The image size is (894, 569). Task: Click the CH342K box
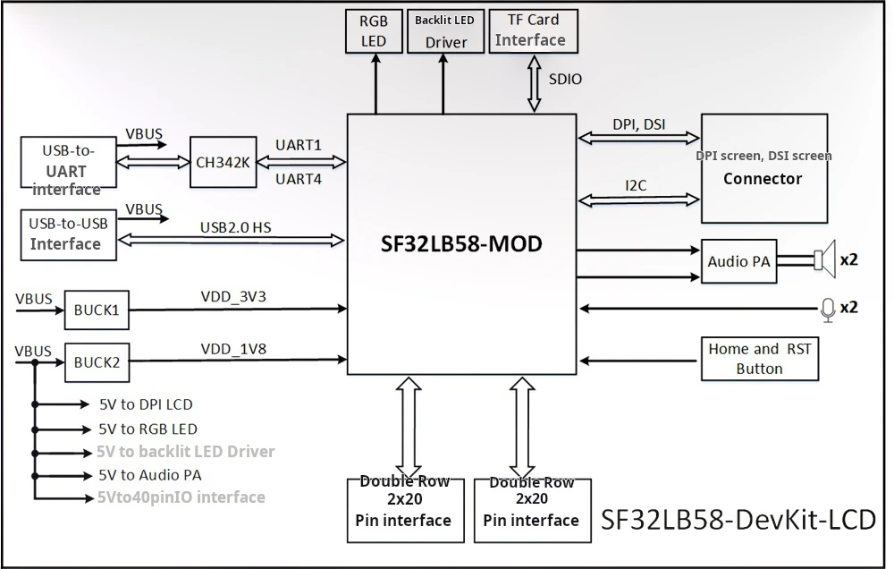click(x=223, y=162)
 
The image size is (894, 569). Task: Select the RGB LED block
click(x=374, y=30)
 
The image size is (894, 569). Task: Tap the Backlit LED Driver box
click(x=445, y=30)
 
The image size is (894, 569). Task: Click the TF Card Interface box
click(x=533, y=30)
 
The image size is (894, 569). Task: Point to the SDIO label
click(x=565, y=80)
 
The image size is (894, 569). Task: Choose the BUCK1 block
click(x=97, y=310)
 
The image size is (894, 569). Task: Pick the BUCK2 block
click(x=97, y=362)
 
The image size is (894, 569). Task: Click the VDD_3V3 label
click(x=233, y=297)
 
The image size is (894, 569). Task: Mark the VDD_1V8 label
click(x=233, y=349)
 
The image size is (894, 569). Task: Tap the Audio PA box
click(x=739, y=261)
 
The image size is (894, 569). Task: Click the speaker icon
click(x=825, y=259)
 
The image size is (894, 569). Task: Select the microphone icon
click(x=828, y=310)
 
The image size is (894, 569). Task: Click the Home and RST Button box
click(x=759, y=359)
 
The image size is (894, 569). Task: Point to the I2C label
click(x=636, y=185)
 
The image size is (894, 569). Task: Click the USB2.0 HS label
click(x=235, y=228)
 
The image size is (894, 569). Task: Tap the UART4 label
click(x=299, y=179)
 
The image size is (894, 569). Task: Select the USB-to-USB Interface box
click(x=69, y=235)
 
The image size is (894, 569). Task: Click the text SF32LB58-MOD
click(x=461, y=244)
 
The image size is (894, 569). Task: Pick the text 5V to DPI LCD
click(x=146, y=404)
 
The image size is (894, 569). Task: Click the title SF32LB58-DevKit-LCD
click(x=738, y=520)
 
